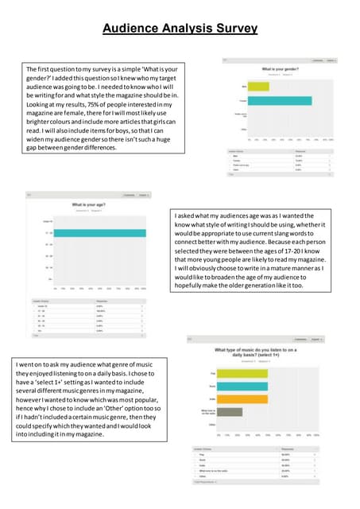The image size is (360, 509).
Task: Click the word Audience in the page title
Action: (134, 29)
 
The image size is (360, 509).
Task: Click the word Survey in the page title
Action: (234, 29)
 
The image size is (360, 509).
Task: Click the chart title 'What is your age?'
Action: (89, 205)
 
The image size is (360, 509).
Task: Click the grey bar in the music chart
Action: (230, 412)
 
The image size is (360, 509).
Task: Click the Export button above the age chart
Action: (142, 195)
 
